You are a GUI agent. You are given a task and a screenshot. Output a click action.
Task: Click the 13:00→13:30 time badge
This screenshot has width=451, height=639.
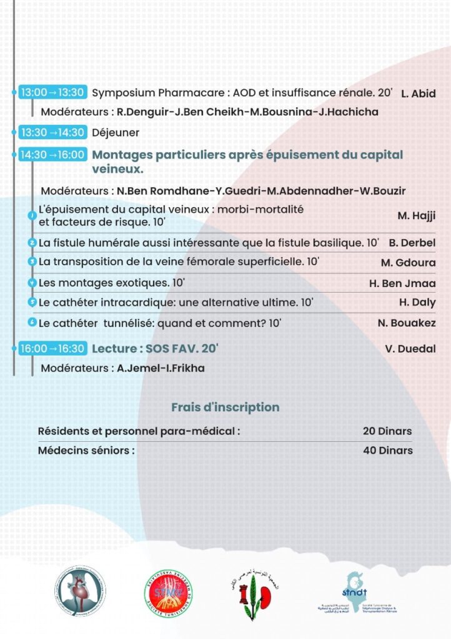tap(52, 92)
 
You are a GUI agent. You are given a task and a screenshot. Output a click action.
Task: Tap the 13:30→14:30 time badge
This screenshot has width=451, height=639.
tap(52, 132)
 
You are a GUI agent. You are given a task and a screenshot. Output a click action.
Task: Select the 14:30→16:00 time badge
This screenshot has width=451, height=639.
tap(52, 155)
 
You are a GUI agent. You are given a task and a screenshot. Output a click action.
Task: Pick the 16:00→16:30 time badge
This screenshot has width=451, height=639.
tap(52, 348)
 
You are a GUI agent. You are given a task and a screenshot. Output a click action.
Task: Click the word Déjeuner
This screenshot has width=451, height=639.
tap(116, 132)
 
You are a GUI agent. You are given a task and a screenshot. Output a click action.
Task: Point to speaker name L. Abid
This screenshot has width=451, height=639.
tap(418, 94)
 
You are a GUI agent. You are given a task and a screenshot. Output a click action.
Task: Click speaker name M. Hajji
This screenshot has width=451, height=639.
tap(416, 216)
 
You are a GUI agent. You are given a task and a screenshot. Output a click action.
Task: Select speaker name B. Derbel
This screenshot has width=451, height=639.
tap(412, 243)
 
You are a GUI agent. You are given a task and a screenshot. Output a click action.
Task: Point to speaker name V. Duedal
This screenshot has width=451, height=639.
tap(410, 348)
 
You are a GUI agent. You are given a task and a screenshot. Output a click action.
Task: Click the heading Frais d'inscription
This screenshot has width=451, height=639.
tap(225, 407)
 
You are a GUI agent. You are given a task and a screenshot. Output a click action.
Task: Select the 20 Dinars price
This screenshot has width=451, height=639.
tap(387, 431)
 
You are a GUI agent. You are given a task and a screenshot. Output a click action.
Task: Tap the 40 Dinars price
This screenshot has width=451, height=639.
tap(387, 451)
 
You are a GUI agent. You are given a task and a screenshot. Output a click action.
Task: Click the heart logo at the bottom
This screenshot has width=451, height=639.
tap(79, 590)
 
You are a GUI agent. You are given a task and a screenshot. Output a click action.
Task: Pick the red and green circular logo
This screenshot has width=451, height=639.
tap(168, 590)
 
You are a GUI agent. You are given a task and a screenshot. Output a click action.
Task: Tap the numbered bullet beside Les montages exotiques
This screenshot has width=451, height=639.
tap(32, 283)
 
